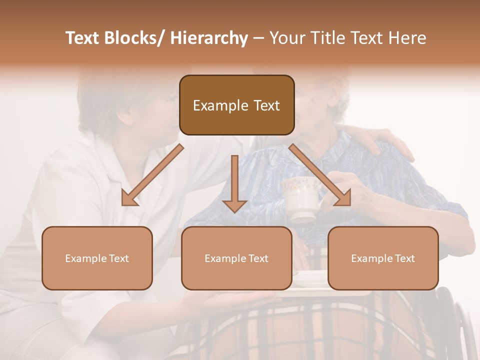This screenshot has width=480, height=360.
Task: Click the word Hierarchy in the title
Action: pos(209,38)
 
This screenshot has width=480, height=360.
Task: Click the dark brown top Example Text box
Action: pos(236,105)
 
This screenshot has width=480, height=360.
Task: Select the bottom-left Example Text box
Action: pos(97,258)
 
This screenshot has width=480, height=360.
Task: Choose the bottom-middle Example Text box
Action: pos(236,258)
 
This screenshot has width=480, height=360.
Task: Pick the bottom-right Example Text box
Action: pos(383,258)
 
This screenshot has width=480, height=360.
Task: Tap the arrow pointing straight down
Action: pos(234,185)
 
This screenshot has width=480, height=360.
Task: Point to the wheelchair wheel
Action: pos(457,320)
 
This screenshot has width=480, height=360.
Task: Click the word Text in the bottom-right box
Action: pos(404,258)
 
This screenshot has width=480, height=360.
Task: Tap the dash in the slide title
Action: pos(258,38)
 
